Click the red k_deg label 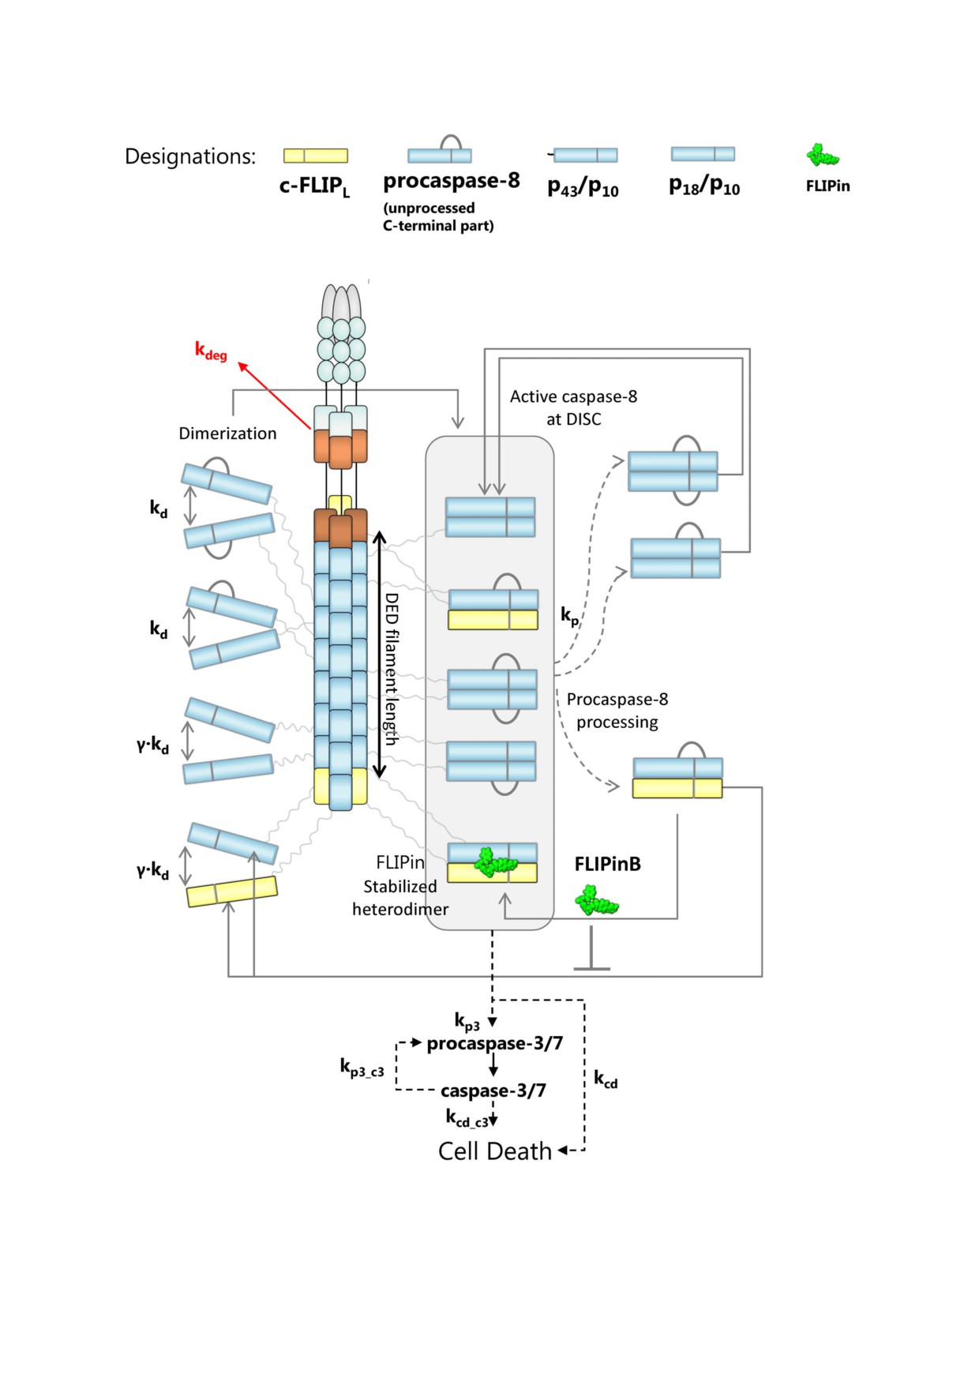click(x=211, y=351)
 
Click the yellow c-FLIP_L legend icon click(x=316, y=156)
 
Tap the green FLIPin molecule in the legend click(x=822, y=156)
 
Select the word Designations click(x=190, y=156)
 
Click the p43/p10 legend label click(x=583, y=188)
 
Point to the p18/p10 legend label click(x=704, y=186)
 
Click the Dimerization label click(x=227, y=434)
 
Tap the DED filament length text click(x=391, y=669)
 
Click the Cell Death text click(x=495, y=1151)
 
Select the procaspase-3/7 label click(x=495, y=1044)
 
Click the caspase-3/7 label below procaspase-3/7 click(x=493, y=1090)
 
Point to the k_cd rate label click(x=606, y=1079)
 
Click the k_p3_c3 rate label click(x=362, y=1068)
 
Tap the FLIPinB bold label click(x=607, y=864)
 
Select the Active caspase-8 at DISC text click(x=573, y=407)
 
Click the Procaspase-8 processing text click(x=617, y=711)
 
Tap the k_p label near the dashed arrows click(x=569, y=616)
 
